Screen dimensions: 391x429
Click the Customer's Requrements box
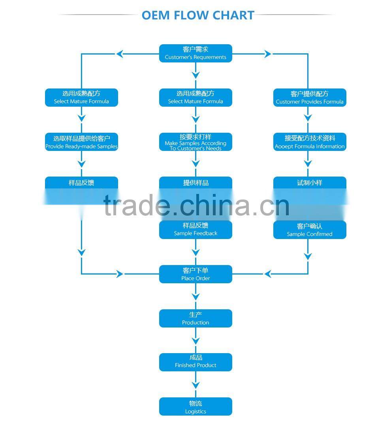point(195,53)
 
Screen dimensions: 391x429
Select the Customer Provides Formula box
point(310,98)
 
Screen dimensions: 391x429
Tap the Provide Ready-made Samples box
point(81,142)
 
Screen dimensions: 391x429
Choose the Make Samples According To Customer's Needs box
point(195,142)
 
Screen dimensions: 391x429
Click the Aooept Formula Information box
point(310,142)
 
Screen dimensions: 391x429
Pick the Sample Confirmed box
point(310,230)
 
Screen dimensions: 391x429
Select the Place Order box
point(195,274)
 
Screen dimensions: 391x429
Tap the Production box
point(195,318)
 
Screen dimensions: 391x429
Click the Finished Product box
point(195,362)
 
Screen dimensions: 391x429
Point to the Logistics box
point(195,406)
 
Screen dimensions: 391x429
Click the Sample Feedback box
point(195,230)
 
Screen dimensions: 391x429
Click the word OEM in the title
point(156,15)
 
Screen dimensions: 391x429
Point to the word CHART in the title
point(233,15)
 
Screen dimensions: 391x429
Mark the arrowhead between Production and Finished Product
point(195,341)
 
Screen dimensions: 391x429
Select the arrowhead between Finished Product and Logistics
point(195,384)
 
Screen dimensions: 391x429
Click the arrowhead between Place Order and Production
point(195,296)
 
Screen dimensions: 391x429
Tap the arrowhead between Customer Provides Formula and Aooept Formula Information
point(308,118)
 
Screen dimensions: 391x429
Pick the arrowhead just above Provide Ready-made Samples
point(81,118)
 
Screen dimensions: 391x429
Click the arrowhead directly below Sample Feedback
point(195,252)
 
